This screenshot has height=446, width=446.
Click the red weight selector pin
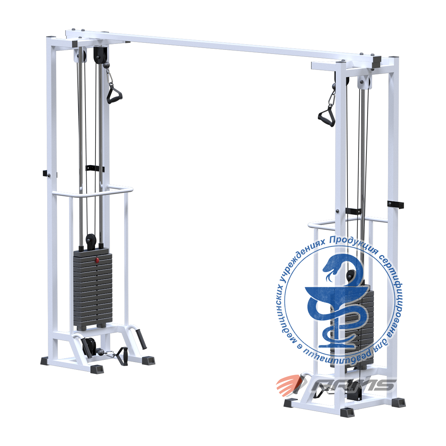click(x=97, y=260)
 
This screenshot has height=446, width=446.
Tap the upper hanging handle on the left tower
click(x=114, y=94)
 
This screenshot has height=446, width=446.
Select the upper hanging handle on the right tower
click(x=326, y=117)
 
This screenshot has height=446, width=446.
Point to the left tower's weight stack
click(x=93, y=288)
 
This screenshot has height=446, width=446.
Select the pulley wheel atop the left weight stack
click(x=90, y=241)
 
